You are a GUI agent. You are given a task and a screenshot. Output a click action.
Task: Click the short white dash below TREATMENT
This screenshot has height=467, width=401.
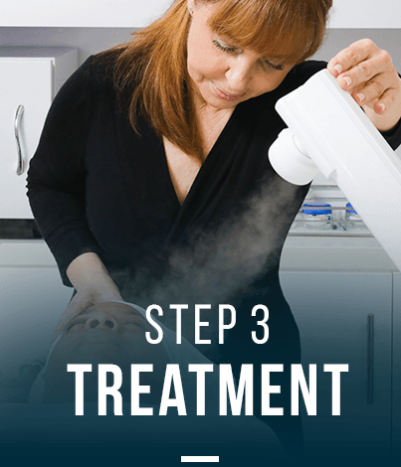pyautogui.click(x=200, y=459)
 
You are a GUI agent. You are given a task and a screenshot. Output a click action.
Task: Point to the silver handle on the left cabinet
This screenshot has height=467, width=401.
pyautogui.click(x=19, y=139)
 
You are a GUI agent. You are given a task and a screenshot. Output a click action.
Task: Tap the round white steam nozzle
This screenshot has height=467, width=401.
pyautogui.click(x=287, y=159)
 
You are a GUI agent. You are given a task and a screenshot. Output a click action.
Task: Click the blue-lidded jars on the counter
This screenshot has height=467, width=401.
pyautogui.click(x=328, y=213)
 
